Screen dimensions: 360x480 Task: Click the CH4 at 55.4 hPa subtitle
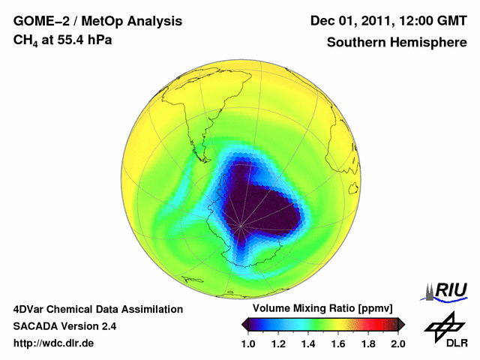pos(63,40)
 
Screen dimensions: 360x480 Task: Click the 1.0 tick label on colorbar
pos(247,343)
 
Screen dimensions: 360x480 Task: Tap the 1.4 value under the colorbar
pos(307,343)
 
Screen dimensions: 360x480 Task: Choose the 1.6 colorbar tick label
pos(337,343)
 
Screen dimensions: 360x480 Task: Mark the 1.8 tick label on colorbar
pos(367,343)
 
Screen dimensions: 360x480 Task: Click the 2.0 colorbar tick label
pos(397,343)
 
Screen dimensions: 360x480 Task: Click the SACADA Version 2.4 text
pos(64,326)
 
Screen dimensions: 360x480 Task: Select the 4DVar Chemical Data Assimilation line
pos(98,309)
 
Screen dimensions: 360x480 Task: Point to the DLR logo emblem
pos(444,325)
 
